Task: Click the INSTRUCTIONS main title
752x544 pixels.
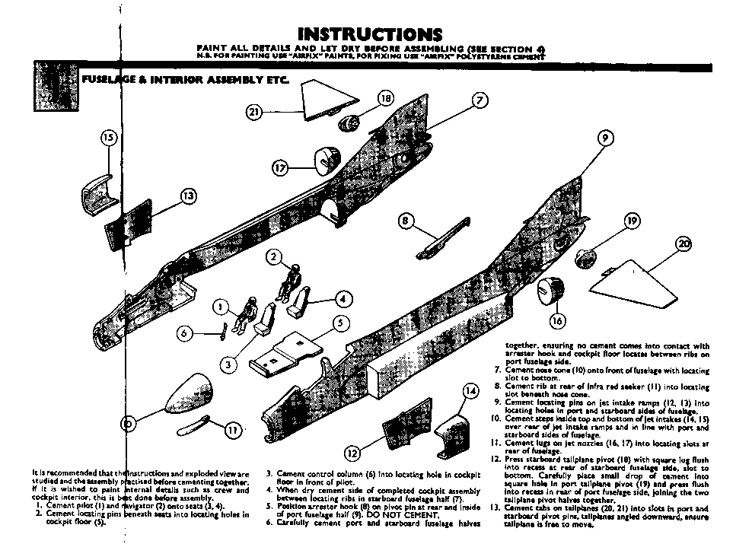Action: tap(370, 34)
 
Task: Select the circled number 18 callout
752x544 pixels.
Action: tap(385, 98)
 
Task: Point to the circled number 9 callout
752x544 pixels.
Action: tap(605, 138)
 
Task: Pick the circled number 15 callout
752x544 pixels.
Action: tap(108, 138)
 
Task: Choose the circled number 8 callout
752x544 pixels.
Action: tap(406, 221)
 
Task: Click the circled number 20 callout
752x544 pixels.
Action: tap(683, 244)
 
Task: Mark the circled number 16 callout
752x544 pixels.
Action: tap(557, 321)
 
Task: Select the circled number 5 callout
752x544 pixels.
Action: tap(341, 322)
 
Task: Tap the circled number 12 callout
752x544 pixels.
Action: tap(351, 451)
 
